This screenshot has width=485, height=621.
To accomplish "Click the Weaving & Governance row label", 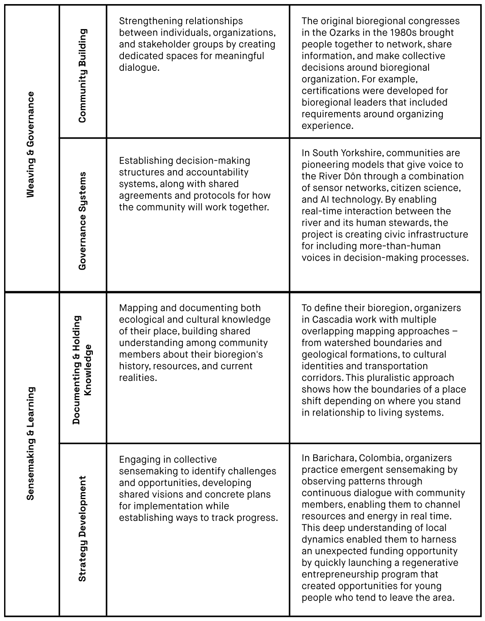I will tap(31, 145).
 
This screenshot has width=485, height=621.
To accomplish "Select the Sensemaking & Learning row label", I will tap(31, 443).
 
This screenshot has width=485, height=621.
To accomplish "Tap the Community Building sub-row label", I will tap(82, 76).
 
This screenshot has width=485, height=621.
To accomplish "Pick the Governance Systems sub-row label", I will tap(82, 221).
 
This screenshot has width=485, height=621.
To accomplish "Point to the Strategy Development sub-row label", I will tap(82, 528).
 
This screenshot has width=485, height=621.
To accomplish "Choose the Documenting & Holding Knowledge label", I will tap(82, 370).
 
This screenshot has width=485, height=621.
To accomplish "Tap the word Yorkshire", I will tap(361, 153).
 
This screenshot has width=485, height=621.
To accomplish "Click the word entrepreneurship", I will tap(338, 574).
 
